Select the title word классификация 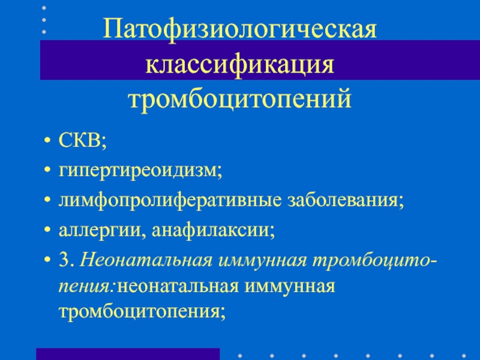(239, 65)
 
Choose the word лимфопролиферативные (170, 200)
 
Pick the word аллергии (100, 230)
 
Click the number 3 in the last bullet (64, 260)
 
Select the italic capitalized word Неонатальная (146, 260)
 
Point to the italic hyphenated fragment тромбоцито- (375, 260)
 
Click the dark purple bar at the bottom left (128, 354)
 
